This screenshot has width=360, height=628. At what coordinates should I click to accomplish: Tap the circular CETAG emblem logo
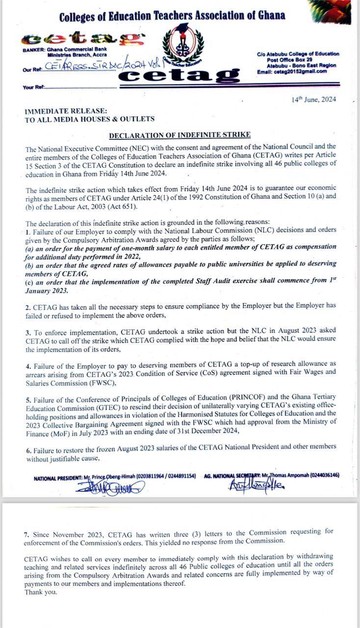[x=182, y=47]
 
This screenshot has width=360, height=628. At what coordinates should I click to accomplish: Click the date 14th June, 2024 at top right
[x=314, y=99]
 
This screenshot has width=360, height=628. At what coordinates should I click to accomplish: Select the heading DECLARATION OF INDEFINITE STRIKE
[x=180, y=135]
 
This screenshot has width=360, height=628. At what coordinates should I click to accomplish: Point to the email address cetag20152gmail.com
[x=292, y=71]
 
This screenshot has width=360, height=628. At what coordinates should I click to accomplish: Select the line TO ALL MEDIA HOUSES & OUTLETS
[x=90, y=119]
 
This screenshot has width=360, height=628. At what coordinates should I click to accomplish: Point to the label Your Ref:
[x=33, y=87]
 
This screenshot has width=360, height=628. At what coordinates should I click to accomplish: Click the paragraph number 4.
[x=28, y=366]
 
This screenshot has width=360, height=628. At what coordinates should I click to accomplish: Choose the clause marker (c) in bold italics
[x=30, y=282]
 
